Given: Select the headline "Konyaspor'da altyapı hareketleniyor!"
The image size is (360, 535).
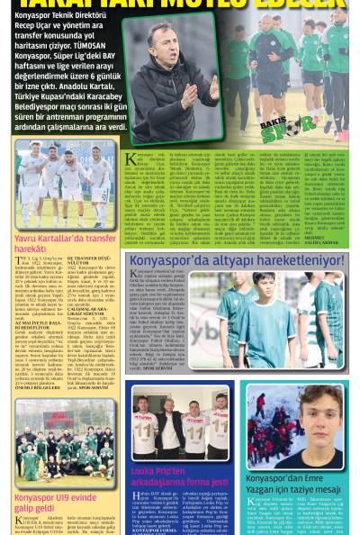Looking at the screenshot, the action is pyautogui.click(x=243, y=260).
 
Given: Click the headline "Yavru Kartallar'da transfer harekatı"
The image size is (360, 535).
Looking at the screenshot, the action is pyautogui.click(x=65, y=243).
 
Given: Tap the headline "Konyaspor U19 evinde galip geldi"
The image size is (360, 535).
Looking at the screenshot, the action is pyautogui.click(x=55, y=503).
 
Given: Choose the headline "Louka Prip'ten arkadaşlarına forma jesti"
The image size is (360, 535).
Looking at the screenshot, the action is pyautogui.click(x=180, y=476).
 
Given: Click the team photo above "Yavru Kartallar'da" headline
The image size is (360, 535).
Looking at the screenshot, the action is pyautogui.click(x=65, y=184).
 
